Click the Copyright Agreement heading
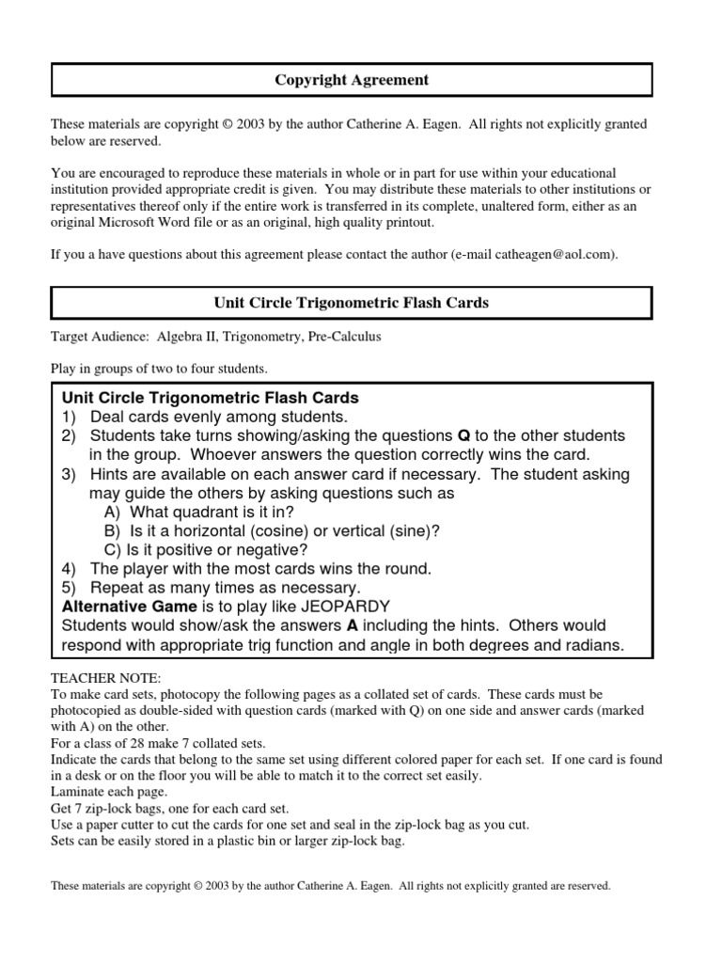click(352, 80)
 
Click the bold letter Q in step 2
click(463, 435)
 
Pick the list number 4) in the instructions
click(69, 568)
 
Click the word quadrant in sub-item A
click(204, 512)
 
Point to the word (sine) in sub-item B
click(413, 530)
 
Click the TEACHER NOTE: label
click(93, 677)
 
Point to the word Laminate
click(78, 793)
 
